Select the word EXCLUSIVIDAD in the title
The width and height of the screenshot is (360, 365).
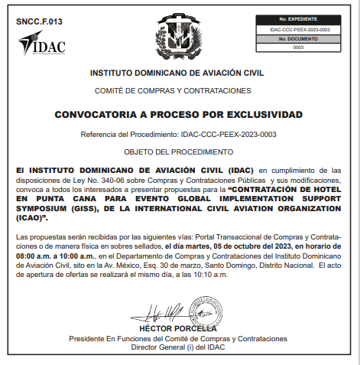coord(258,114)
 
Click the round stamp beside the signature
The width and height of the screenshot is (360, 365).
coord(204,312)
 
